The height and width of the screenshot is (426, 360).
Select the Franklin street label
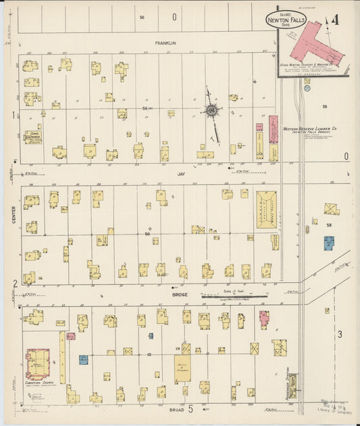pyautogui.click(x=165, y=43)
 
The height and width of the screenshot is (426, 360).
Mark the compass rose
pyautogui.click(x=211, y=111)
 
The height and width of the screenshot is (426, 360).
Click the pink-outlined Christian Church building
pyautogui.click(x=37, y=363)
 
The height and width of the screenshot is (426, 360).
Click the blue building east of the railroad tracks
pyautogui.click(x=328, y=242)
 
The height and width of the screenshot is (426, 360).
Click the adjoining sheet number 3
pyautogui.click(x=340, y=334)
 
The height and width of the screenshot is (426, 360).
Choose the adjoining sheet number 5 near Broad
pyautogui.click(x=190, y=408)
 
